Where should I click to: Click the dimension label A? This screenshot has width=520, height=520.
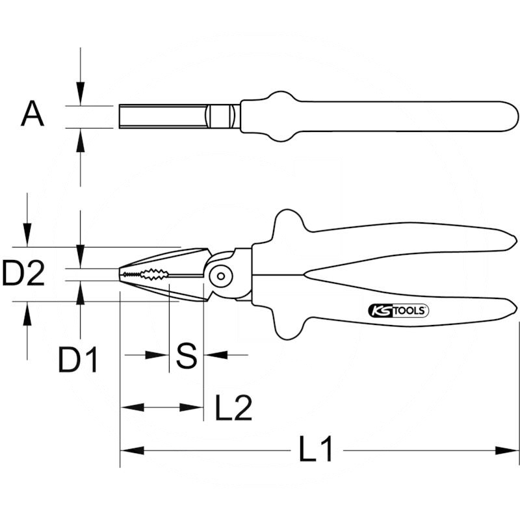point(32,114)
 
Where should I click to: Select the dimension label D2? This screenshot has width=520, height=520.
point(23,274)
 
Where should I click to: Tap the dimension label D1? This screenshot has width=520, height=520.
point(78,359)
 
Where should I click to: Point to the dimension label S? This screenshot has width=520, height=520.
point(187,356)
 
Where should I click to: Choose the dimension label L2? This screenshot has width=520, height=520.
point(234,408)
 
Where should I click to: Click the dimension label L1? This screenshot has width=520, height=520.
point(316,449)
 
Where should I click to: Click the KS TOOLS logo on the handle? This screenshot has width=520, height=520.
point(398,311)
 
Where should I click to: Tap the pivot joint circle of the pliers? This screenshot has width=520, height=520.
point(221,276)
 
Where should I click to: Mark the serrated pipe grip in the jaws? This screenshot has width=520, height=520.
point(154,274)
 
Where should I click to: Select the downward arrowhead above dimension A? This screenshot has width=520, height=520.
point(80,94)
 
